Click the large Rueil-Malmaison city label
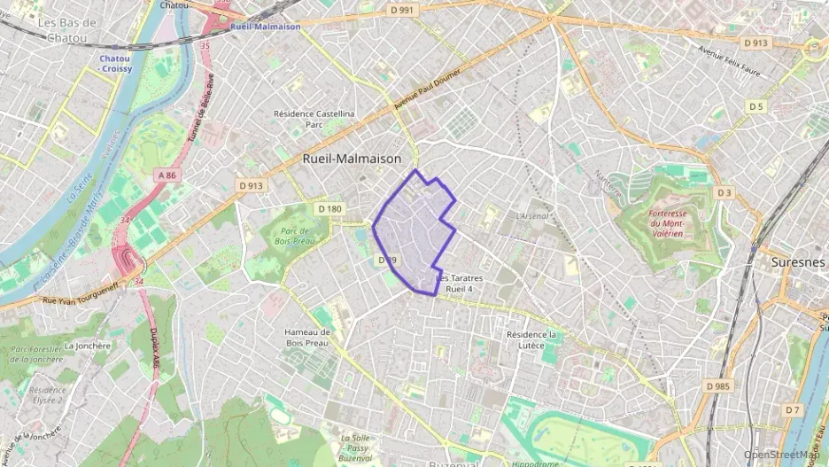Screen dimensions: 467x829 click(352, 159)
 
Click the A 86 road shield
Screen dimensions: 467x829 click(167, 175)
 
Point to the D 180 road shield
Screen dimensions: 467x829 click(329, 208)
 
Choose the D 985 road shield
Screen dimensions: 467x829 click(719, 386)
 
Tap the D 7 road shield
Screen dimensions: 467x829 click(792, 409)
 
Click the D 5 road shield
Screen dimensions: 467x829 click(755, 106)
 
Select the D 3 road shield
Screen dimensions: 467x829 click(724, 192)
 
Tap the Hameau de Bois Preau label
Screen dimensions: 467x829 click(307, 337)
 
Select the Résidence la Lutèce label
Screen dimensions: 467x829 click(531, 339)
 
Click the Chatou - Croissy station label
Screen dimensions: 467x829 click(116, 63)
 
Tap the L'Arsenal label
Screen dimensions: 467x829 click(532, 215)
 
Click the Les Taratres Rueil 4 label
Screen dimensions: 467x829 click(461, 284)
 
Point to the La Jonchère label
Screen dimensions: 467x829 click(88, 346)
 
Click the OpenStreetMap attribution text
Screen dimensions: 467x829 click(783, 454)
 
